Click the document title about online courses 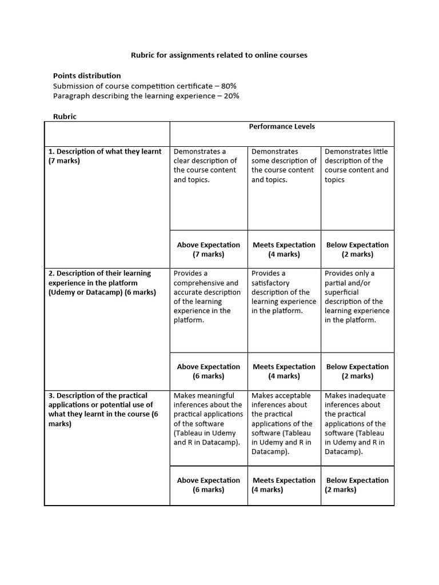(x=219, y=55)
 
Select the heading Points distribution (x=87, y=75)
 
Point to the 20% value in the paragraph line (x=228, y=96)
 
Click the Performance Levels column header (x=282, y=126)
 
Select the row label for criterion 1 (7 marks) (x=105, y=156)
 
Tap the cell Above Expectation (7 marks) (x=209, y=250)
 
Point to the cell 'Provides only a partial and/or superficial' (x=357, y=296)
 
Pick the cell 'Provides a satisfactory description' (x=284, y=292)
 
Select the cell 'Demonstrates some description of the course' (x=284, y=166)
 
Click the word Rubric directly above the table (x=65, y=117)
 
